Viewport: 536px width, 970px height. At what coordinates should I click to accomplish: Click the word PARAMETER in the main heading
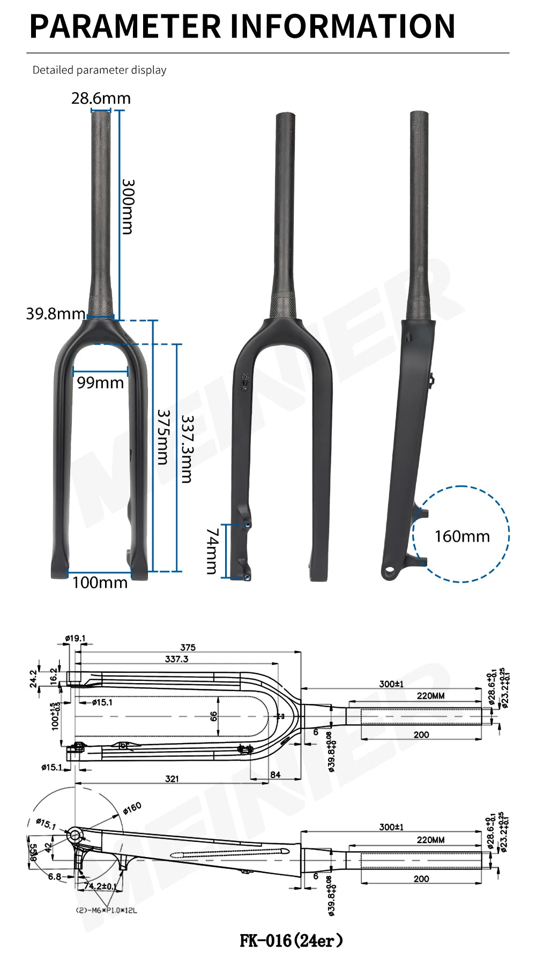coord(125,26)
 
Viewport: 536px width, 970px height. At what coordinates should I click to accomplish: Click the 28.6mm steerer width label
coord(101,98)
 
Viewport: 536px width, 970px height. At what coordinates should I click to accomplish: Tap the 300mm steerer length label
coord(128,207)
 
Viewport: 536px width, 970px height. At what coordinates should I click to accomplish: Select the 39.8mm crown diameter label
coord(55,313)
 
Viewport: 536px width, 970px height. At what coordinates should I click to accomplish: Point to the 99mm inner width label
coord(100,383)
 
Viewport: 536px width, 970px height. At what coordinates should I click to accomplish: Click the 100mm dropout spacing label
coord(100,582)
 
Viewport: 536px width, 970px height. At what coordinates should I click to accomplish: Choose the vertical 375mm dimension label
coord(163,437)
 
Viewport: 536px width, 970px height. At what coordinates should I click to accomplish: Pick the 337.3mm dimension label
coord(187,449)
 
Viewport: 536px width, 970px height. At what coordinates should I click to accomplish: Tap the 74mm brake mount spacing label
coord(212,551)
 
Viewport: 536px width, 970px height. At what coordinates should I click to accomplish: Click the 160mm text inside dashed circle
coord(462,536)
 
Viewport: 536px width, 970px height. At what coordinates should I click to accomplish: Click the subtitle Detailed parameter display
coord(99,70)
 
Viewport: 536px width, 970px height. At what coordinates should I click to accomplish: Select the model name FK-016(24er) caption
coord(291,940)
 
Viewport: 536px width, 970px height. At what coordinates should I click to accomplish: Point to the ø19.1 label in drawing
coord(75,638)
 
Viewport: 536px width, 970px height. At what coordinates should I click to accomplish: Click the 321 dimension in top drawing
coord(172,778)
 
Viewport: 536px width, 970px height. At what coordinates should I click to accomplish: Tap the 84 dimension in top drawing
coord(276,775)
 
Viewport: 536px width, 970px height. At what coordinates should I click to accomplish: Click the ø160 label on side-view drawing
coord(132,808)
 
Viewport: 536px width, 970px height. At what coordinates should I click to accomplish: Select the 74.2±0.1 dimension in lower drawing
coord(100,886)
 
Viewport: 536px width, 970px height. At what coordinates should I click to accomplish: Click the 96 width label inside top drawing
coord(214,716)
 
